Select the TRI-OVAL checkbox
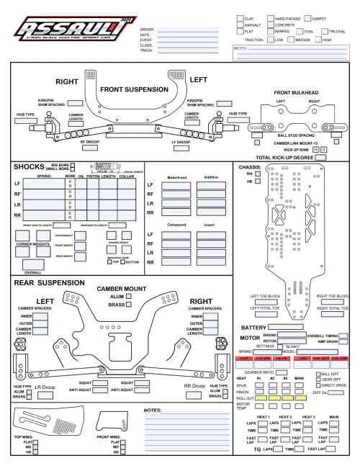coord(325,32)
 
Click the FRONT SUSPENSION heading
coord(130,89)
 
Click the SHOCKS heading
coord(30,166)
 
